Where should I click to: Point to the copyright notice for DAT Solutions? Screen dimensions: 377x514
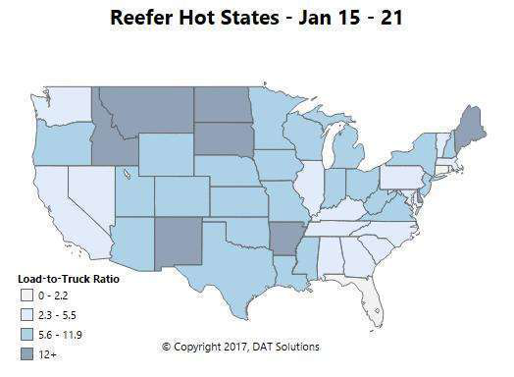point(240,347)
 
